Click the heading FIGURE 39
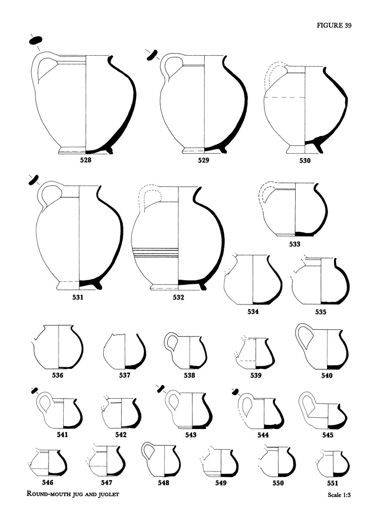334,25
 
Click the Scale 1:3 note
339,495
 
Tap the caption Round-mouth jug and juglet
73,495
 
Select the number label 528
85,160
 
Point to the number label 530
305,161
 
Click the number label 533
295,244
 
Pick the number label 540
327,376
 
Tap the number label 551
333,483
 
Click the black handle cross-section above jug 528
35,40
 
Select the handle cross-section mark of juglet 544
235,392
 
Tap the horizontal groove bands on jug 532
155,252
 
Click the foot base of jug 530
296,149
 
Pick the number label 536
58,375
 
